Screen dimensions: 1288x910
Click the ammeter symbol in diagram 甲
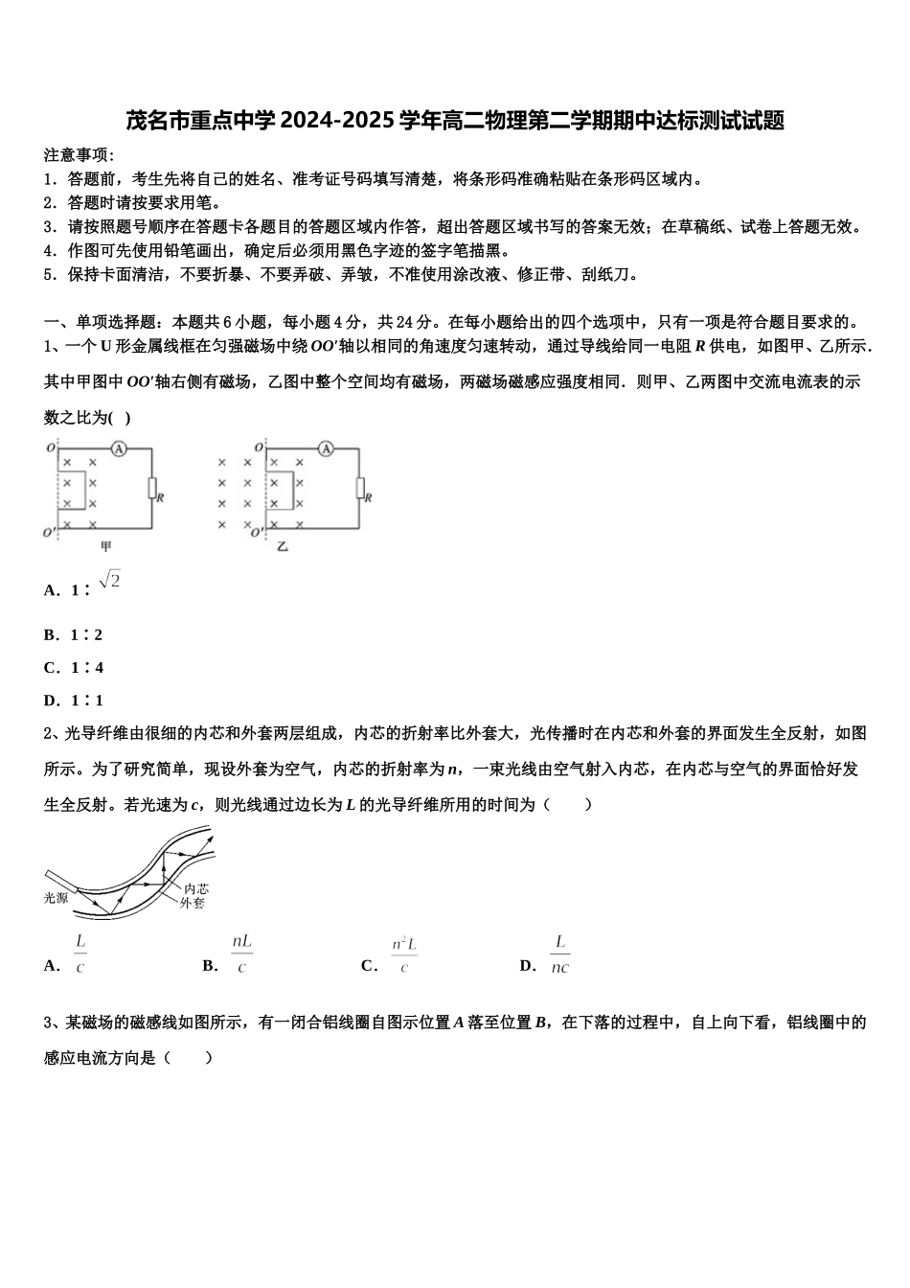coord(119,448)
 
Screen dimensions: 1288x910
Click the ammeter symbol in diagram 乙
coord(326,448)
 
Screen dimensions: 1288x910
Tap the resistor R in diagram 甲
coord(151,489)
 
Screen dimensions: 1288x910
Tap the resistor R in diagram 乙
coord(360,489)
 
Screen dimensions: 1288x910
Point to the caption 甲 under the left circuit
coord(106,546)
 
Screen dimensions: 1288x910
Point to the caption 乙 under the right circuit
coord(283,546)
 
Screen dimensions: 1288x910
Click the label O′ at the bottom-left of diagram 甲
coord(50,532)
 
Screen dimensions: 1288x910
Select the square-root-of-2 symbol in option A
coord(109,581)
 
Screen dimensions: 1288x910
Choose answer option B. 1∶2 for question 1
coord(74,635)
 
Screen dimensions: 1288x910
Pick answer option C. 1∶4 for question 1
coord(74,668)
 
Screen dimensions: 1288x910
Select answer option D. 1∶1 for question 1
coord(74,701)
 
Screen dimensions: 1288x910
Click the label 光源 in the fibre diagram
coord(57,898)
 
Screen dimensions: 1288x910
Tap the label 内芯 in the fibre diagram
coord(195,889)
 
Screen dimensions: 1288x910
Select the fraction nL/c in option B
coord(241,954)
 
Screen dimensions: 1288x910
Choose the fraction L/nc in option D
coord(560,954)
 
